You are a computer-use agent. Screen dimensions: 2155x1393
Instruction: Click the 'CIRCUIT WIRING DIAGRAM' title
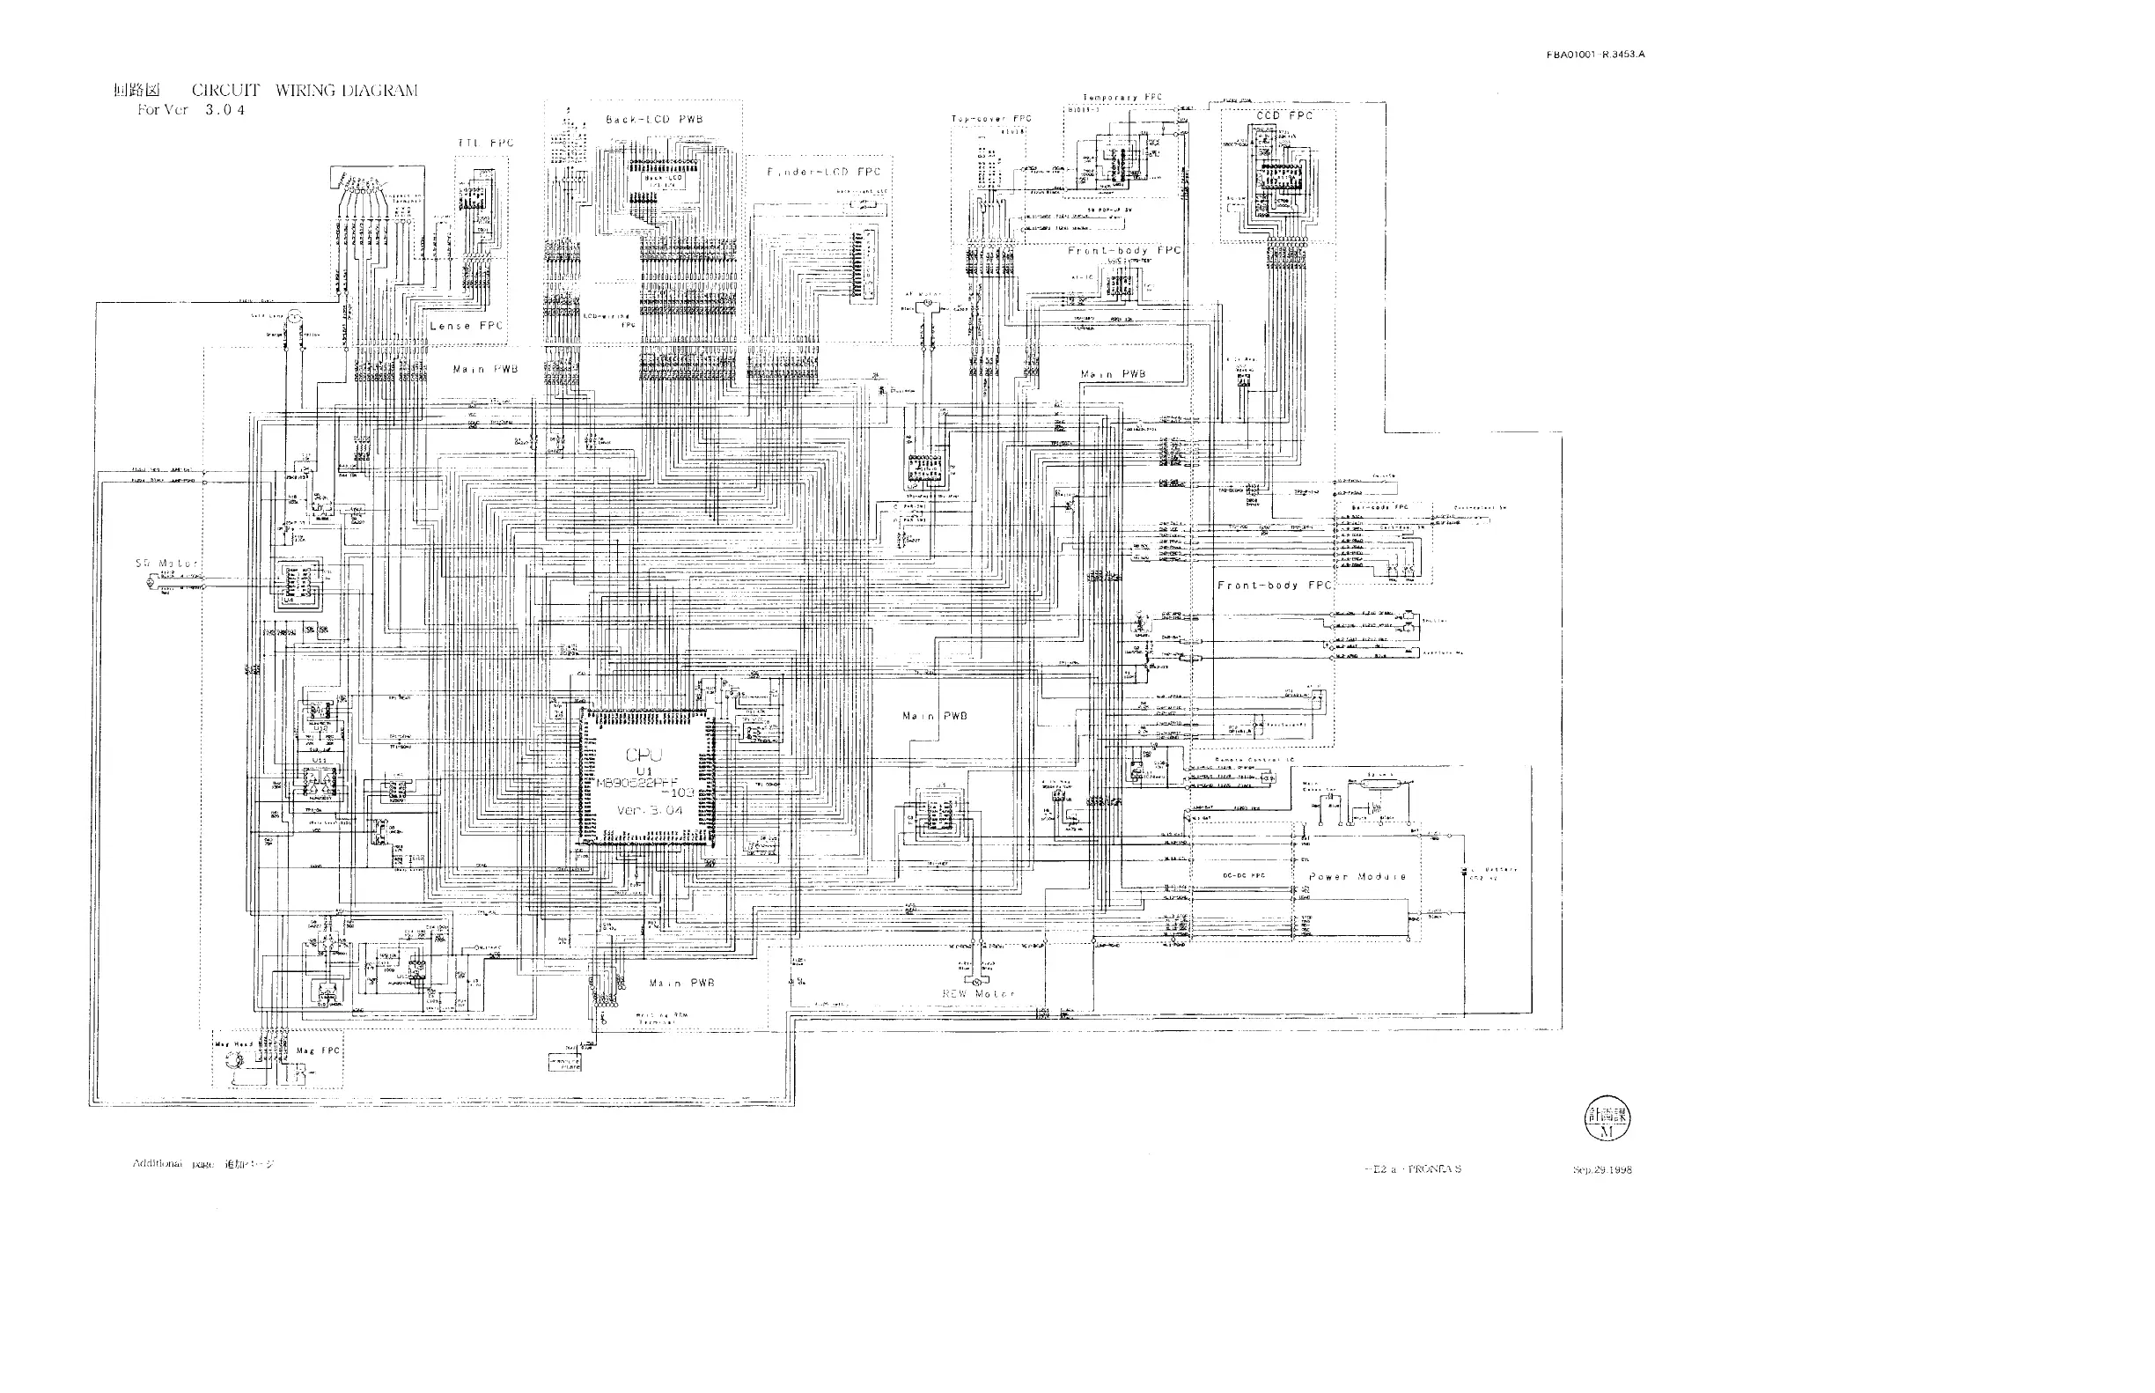304,91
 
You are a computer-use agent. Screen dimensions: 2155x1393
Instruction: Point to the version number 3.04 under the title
225,110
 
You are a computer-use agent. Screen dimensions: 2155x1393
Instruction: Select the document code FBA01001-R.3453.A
1595,55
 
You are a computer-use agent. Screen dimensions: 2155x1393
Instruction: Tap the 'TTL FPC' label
486,143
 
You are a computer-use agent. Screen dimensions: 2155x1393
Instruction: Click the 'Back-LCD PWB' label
654,120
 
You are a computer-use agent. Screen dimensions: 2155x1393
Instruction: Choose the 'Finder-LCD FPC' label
823,172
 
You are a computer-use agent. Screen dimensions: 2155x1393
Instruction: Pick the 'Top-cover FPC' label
991,119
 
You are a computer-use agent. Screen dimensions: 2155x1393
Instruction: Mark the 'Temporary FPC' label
1122,97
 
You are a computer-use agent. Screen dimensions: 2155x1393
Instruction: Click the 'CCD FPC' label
1284,115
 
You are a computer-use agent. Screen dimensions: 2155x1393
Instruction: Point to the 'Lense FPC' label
466,326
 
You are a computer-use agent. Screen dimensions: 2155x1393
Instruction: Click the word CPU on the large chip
644,755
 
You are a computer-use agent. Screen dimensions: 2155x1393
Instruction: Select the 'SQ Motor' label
165,564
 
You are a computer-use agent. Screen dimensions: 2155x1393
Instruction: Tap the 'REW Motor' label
979,993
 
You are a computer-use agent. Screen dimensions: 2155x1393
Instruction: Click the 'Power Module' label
1357,876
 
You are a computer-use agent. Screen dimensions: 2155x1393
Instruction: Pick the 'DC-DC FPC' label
1245,875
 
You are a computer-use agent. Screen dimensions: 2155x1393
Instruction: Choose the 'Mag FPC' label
319,1050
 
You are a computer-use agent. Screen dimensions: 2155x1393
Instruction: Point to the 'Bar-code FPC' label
1379,507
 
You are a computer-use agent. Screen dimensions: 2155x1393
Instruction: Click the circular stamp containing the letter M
1607,1120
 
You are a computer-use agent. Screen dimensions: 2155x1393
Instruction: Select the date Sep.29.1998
1601,1169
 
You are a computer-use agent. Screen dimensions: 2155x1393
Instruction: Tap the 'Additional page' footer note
203,1164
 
